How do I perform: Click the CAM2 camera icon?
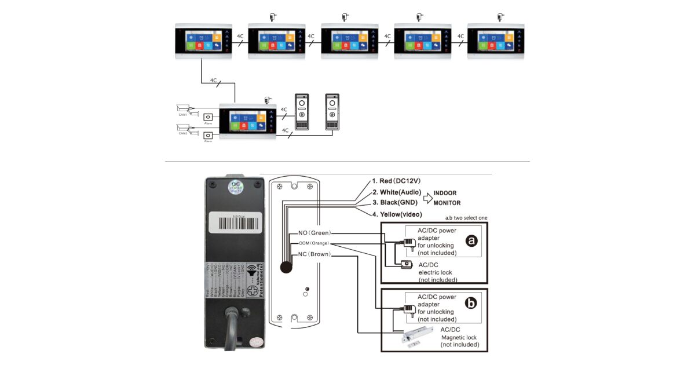(188, 128)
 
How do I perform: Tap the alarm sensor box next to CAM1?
(208, 118)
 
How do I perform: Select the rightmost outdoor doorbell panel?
(332, 112)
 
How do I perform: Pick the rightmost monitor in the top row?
(496, 41)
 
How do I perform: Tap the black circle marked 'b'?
(471, 302)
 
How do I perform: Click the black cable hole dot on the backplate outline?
(285, 267)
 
